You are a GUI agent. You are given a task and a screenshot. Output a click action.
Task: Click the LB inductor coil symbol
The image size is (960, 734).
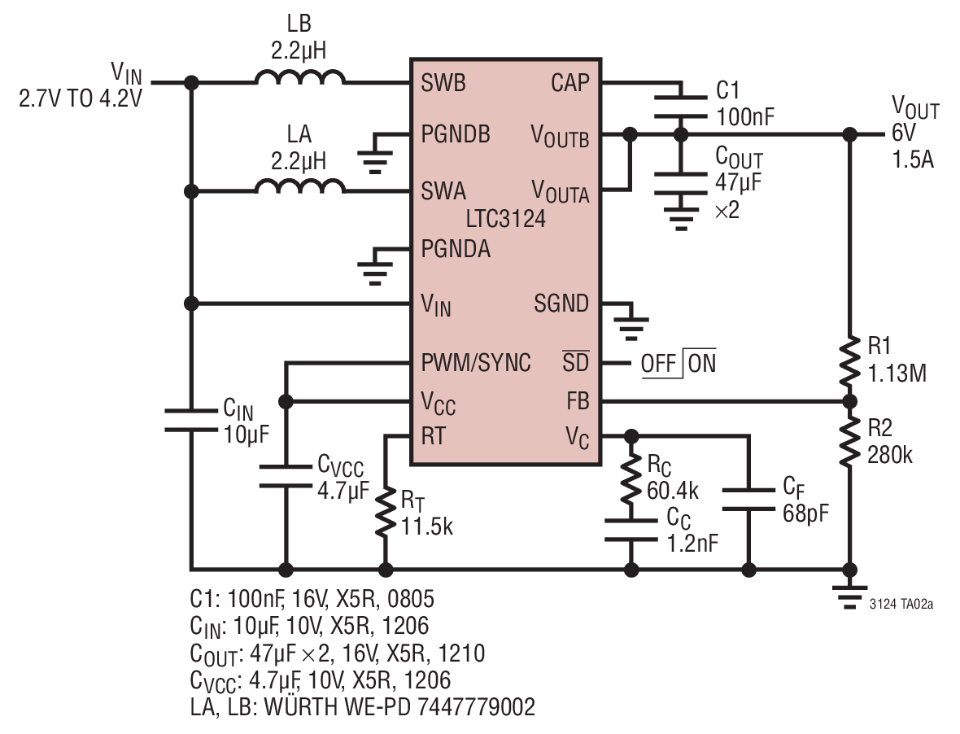tap(299, 77)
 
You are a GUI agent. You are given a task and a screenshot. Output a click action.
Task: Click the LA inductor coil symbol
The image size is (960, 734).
tap(299, 186)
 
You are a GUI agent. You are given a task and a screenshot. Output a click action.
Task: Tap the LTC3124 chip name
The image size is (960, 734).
tap(505, 219)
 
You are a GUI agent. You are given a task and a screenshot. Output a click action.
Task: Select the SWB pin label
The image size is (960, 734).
tap(443, 83)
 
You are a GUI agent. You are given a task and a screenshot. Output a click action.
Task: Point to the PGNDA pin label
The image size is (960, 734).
tap(456, 248)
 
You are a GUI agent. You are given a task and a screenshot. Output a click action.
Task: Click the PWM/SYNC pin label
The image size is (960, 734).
tap(476, 363)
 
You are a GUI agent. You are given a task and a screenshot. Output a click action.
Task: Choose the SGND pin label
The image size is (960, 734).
tap(561, 303)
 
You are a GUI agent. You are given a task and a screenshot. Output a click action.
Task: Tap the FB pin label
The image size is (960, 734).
tap(578, 402)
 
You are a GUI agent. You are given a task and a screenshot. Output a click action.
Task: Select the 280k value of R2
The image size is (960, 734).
tap(889, 456)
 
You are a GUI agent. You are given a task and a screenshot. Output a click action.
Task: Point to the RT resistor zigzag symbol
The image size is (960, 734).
tap(385, 512)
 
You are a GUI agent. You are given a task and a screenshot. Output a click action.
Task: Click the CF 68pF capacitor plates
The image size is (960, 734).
tap(748, 500)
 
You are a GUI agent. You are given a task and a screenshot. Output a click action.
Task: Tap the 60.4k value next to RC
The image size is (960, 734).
tap(672, 491)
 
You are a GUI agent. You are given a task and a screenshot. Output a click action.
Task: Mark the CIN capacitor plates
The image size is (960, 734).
tap(191, 420)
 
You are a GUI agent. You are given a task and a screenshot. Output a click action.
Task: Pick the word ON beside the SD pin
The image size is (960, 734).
tap(701, 364)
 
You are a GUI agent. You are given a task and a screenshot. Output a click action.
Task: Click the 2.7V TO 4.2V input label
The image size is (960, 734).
tap(81, 98)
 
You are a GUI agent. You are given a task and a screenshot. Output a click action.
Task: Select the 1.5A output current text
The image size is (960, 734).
tap(913, 159)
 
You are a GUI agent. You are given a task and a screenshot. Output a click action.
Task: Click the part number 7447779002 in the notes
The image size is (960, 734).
tap(476, 706)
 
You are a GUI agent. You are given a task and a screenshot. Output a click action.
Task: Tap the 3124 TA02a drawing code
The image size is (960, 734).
tap(901, 605)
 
